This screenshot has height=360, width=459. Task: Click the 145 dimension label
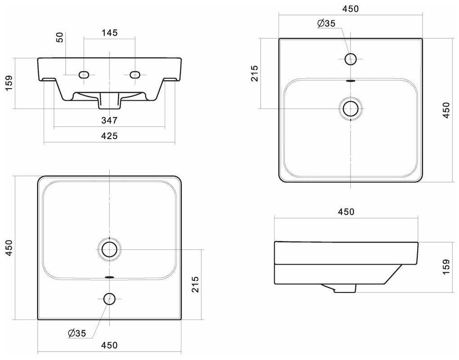[x=109, y=33]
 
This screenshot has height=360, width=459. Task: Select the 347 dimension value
[x=109, y=120]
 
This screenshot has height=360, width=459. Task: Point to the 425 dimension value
[x=109, y=135]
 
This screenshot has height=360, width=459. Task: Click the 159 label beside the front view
[x=9, y=83]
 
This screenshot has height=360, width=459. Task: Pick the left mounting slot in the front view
[x=84, y=75]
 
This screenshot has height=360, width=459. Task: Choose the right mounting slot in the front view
[x=135, y=75]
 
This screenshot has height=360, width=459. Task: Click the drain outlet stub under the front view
[x=109, y=101]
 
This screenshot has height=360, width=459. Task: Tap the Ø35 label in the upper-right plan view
[x=326, y=24]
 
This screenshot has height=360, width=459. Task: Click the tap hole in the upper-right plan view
[x=351, y=58]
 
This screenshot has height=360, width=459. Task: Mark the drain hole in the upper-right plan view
[x=351, y=108]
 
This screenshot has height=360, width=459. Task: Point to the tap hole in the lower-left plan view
[x=109, y=298]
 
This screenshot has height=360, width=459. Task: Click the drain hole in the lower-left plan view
[x=109, y=249]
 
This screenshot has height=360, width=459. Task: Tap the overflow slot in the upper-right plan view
[x=351, y=81]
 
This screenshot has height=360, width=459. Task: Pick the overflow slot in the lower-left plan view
[x=109, y=276]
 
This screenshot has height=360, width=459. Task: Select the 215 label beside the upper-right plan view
[x=255, y=73]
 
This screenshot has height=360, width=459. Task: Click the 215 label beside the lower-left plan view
[x=195, y=284]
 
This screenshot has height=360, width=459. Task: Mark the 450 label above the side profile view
[x=346, y=211]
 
